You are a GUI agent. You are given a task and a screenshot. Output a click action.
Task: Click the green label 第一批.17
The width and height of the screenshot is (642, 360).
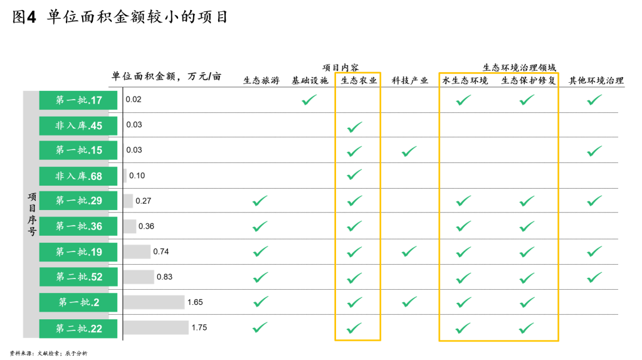point(78,100)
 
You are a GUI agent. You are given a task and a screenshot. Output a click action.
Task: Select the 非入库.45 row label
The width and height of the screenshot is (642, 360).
point(78,125)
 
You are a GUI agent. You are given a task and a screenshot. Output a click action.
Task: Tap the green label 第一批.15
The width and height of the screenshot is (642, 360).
point(78,151)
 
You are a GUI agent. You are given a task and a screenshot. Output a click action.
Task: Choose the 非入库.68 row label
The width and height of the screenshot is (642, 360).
point(78,176)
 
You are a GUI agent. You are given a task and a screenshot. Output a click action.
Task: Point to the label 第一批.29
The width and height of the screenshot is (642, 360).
point(78,201)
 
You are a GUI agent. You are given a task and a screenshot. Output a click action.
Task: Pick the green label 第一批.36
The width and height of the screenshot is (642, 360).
point(78,226)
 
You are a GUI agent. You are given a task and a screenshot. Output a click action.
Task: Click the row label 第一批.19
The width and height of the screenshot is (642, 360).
point(78,252)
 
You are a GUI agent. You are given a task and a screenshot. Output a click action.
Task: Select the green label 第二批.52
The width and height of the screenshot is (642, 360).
point(78,277)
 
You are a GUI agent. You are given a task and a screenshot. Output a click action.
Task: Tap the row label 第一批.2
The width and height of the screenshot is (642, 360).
point(78,302)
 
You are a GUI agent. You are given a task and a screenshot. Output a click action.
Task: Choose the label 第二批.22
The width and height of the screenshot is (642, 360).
point(78,329)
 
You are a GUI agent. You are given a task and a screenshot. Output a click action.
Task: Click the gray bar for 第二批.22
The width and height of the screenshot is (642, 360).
point(156,328)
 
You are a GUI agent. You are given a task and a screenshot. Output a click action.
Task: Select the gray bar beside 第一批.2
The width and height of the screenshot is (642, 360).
point(154,302)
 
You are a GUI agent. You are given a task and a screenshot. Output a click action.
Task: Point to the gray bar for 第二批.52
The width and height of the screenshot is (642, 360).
point(139,277)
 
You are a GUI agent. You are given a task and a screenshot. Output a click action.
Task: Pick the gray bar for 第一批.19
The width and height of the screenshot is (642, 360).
point(137,251)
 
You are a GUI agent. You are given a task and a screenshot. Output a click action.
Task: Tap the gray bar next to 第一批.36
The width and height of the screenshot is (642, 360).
point(130,226)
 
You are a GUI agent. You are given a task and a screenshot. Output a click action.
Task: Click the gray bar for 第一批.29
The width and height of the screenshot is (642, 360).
point(128,201)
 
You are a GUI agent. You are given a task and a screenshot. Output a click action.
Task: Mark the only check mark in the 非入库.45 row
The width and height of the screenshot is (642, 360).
point(354,127)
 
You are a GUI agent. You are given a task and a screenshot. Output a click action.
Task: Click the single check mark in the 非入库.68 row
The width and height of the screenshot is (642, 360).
point(354,174)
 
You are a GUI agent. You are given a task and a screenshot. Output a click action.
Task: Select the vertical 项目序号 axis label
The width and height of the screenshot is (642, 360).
point(31,214)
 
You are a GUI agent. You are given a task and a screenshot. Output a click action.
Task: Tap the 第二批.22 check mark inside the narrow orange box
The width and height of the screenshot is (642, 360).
point(354,328)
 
